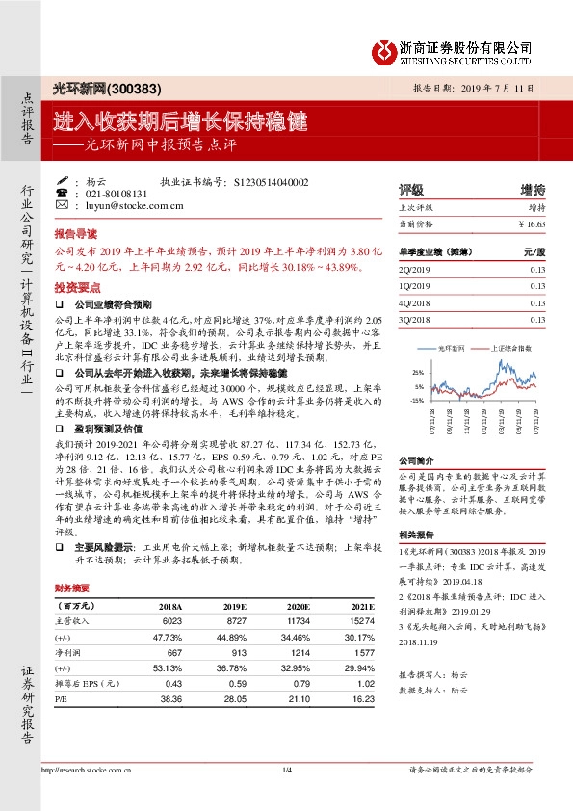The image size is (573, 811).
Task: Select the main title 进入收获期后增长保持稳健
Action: (x=180, y=121)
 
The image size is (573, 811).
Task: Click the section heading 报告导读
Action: (x=75, y=234)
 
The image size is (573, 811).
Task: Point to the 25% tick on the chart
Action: (x=417, y=372)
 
